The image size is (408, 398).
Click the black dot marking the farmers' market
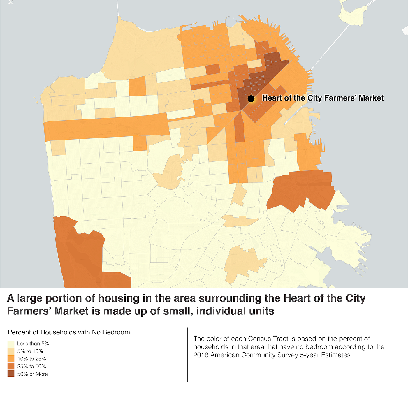251,99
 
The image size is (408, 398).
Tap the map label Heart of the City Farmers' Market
323,98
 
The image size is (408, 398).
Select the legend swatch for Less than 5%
11,344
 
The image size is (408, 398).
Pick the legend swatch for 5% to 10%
11,351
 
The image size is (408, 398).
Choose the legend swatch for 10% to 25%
11,359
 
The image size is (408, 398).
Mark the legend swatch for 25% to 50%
11,367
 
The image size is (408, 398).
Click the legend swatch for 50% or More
11,374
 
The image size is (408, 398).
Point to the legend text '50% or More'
32,374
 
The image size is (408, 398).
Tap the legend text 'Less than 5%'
33,344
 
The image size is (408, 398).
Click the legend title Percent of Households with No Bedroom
69,332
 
